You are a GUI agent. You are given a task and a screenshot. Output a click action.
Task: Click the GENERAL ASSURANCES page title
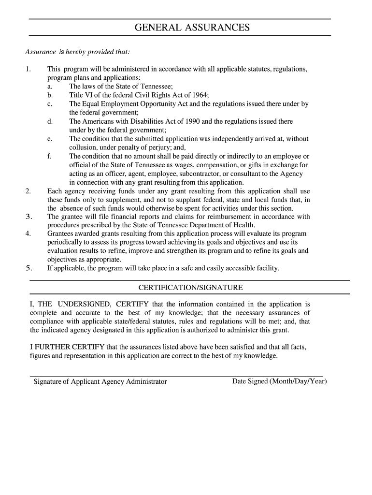[x=192, y=28]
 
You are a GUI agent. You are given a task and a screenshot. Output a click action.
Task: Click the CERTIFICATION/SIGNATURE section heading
[x=190, y=288]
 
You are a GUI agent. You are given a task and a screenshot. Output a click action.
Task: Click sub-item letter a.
[x=50, y=87]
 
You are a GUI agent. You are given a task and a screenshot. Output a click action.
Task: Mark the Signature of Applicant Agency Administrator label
[x=100, y=381]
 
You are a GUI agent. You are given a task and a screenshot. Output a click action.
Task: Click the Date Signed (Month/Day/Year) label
[x=280, y=381]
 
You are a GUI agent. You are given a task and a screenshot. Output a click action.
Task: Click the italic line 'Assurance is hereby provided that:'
[x=77, y=52]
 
